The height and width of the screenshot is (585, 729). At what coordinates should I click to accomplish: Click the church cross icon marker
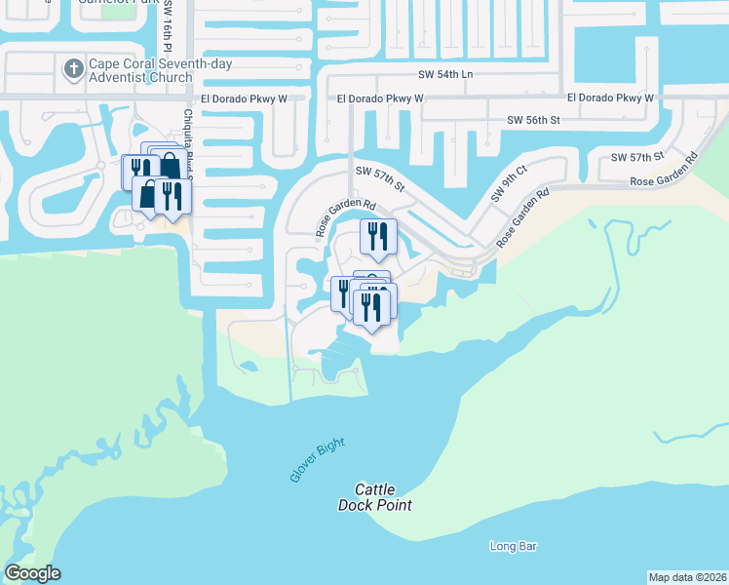coord(72,68)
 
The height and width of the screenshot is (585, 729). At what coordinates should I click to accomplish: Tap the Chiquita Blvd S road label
coord(188,141)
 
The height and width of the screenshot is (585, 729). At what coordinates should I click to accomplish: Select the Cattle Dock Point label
coord(375,497)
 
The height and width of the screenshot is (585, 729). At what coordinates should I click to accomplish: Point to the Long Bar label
coord(514,547)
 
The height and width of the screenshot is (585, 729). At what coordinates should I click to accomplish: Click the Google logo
coord(33,573)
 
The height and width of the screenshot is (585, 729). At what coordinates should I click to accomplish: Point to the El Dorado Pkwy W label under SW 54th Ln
coord(380,98)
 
